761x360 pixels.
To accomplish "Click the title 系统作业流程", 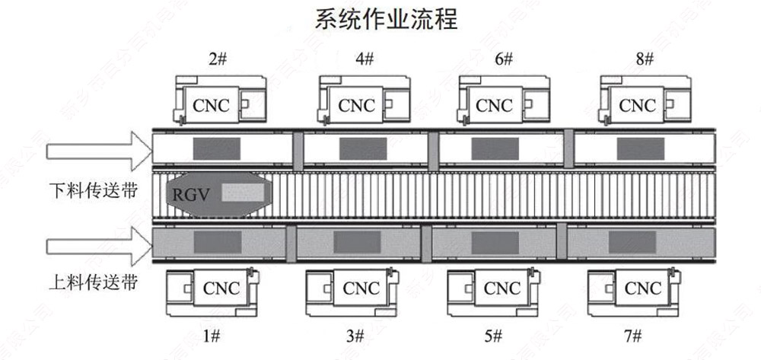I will pyautogui.click(x=386, y=19).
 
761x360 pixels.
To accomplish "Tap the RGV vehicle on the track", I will pyautogui.click(x=218, y=193).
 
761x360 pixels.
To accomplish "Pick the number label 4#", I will pyautogui.click(x=365, y=59).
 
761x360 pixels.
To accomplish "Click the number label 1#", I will pyautogui.click(x=211, y=336).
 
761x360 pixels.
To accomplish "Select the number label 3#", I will pyautogui.click(x=352, y=336).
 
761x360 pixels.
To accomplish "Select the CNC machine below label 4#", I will pyautogui.click(x=357, y=100).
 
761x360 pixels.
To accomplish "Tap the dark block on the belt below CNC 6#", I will pyautogui.click(x=495, y=148).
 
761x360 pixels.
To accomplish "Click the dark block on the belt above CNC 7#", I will pyautogui.click(x=632, y=242).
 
